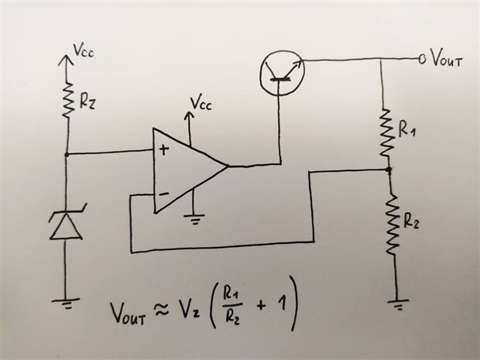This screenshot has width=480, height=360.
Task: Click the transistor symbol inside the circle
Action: tap(281, 69)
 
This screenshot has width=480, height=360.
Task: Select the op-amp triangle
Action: tap(186, 169)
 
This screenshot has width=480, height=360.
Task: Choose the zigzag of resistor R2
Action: tap(391, 224)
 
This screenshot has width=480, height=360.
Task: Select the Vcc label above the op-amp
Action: tap(202, 103)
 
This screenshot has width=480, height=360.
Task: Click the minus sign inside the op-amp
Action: tap(163, 192)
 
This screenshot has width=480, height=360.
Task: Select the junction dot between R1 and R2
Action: tap(389, 169)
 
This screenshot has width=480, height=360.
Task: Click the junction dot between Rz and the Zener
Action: tap(66, 154)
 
